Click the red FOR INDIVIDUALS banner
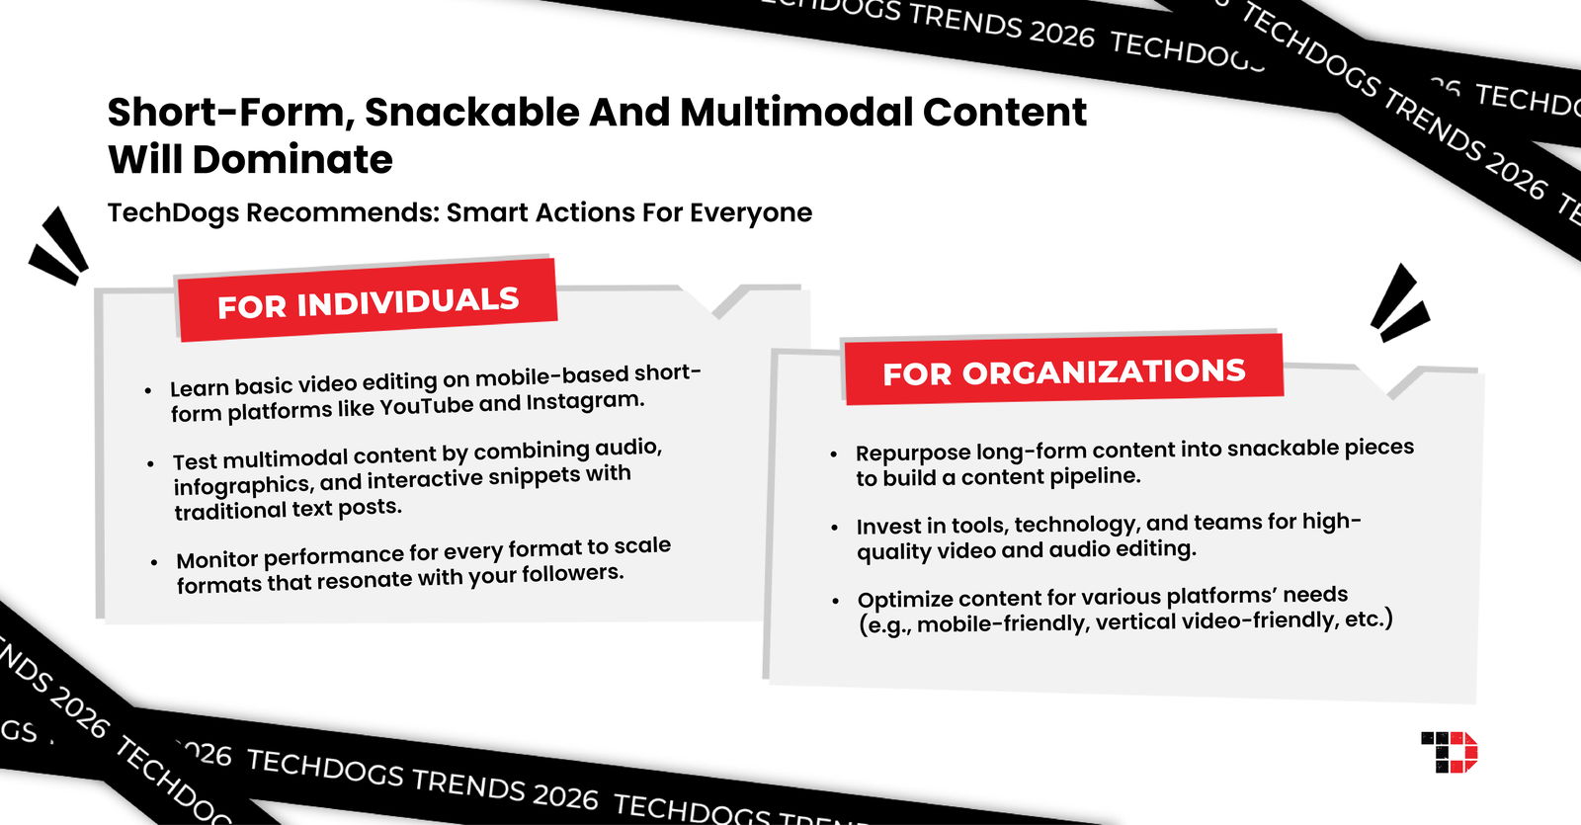coord(368,301)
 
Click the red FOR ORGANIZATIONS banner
coord(1063,371)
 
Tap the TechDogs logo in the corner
coord(1449,752)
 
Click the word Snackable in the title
coord(469,113)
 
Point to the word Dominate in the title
coord(292,160)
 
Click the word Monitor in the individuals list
coord(217,560)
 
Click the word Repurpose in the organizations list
coord(913,453)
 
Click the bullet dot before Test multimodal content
coord(150,463)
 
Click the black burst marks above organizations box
coord(1399,303)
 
